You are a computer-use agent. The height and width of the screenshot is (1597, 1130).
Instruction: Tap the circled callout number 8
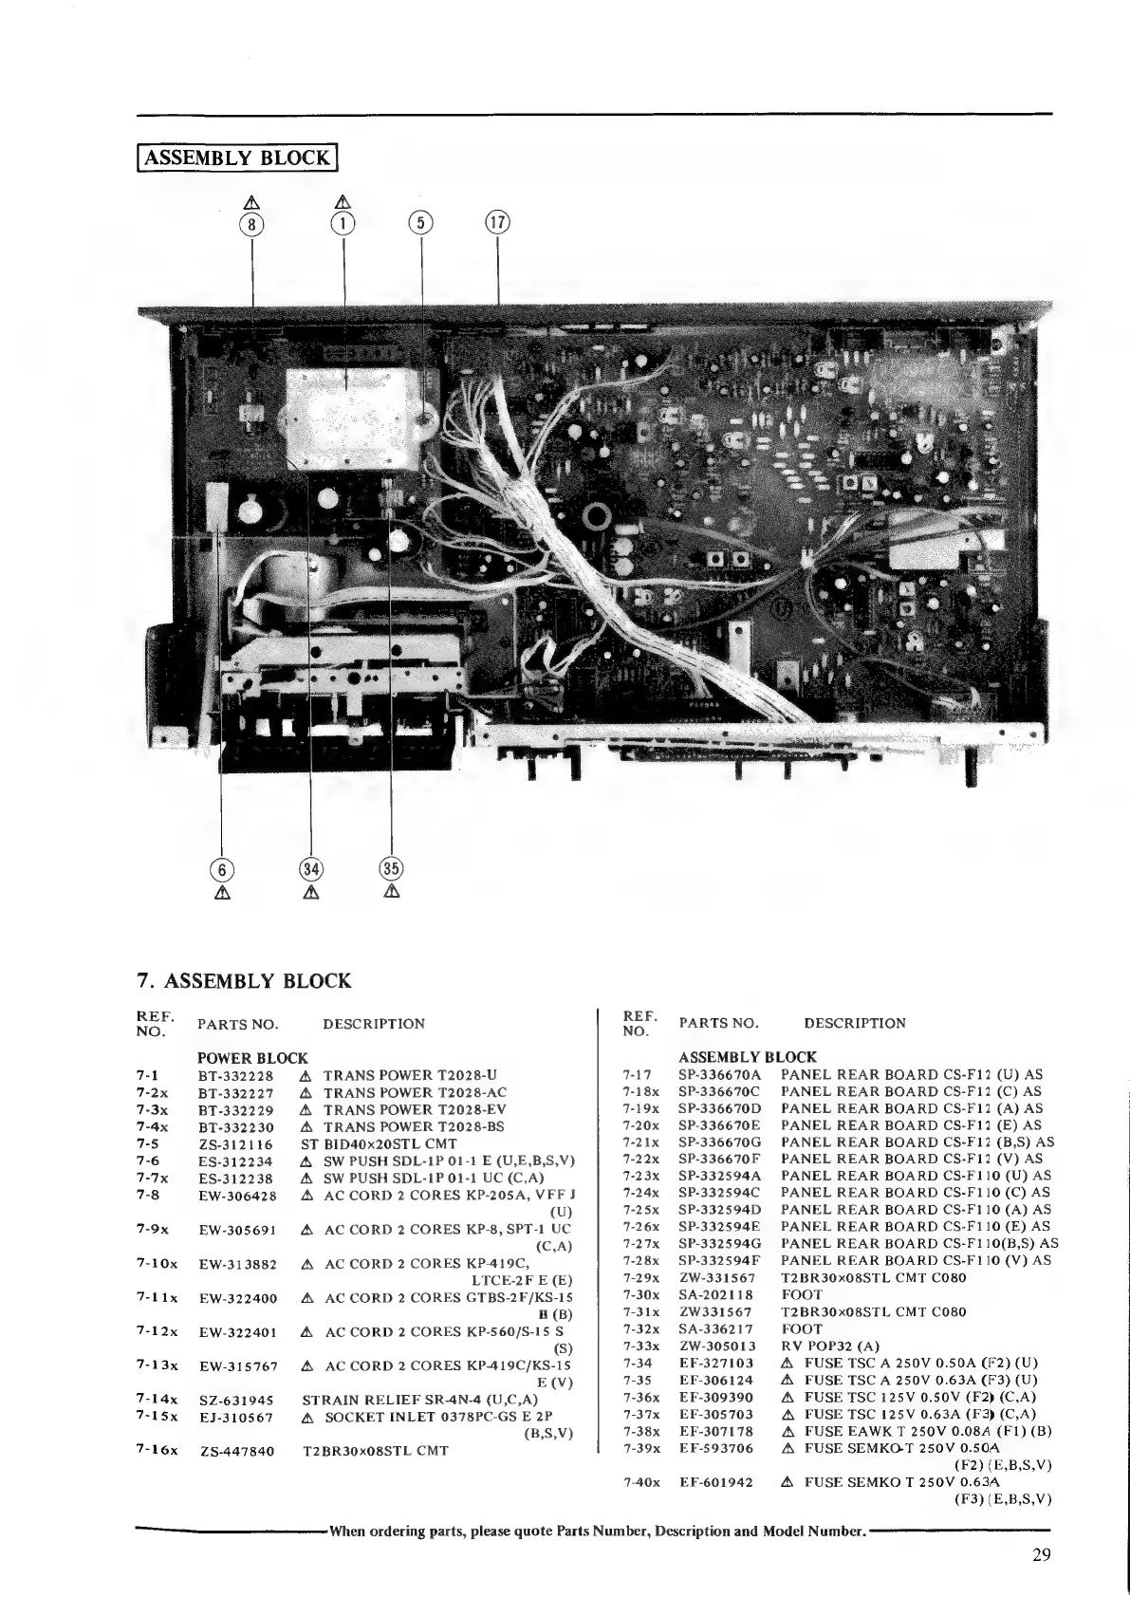(251, 224)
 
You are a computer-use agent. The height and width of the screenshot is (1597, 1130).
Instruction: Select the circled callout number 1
(343, 224)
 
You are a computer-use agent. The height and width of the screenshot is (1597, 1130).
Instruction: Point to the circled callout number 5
(420, 224)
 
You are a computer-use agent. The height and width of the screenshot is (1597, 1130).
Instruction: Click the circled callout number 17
(498, 224)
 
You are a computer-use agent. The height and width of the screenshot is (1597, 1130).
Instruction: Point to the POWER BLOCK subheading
(252, 1058)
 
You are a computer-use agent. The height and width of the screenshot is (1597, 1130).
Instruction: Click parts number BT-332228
(235, 1075)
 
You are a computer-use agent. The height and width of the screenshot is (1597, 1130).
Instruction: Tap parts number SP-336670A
(719, 1075)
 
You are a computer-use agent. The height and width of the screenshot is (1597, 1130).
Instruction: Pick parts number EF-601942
(716, 1481)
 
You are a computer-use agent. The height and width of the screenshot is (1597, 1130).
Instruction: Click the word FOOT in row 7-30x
(802, 1295)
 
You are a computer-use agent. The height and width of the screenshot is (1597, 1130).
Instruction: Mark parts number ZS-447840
(237, 1451)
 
